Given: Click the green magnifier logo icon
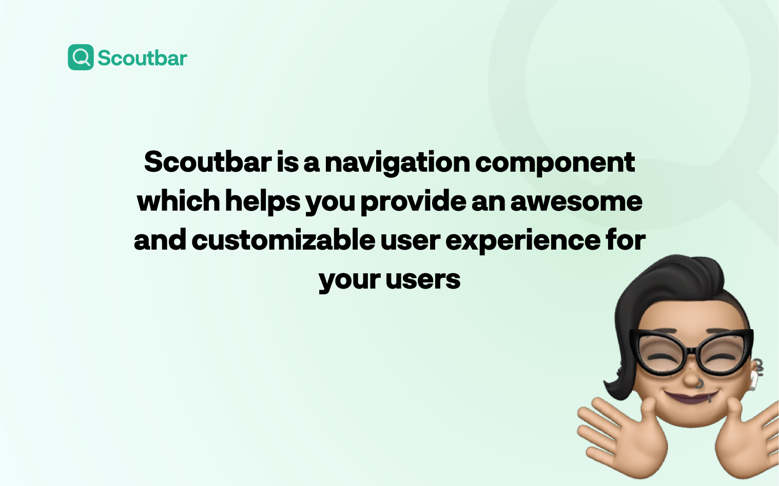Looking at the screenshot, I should coord(81,57).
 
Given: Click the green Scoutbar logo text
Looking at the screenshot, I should coord(142,58).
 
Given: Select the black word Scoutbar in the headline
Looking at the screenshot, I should coord(207,162).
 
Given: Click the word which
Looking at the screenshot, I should coord(178,201).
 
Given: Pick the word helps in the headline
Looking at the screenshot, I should coord(262,201).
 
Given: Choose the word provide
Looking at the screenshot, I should coord(413,201).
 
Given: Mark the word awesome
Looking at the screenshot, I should coord(576,201).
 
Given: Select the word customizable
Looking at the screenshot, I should coord(283,240).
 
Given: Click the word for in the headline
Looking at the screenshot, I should coord(625,240).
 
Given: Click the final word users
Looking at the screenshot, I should coord(423,280).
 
